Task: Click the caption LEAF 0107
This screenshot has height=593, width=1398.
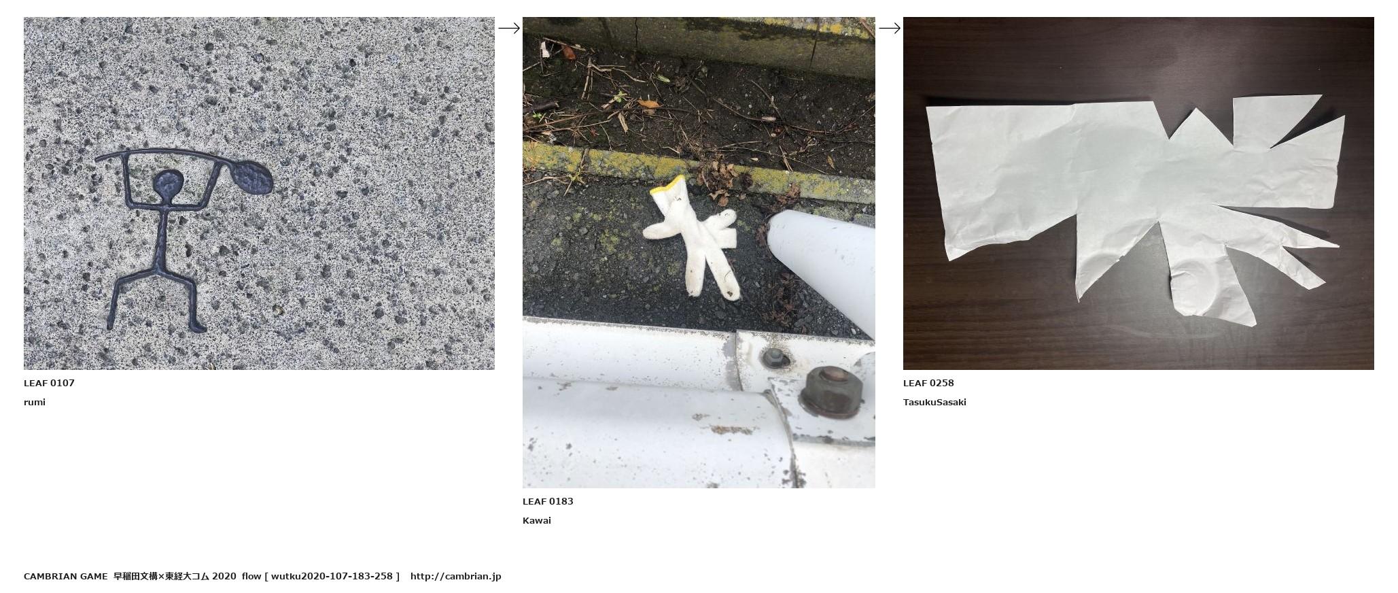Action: tap(49, 383)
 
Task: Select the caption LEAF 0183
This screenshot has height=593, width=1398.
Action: tap(548, 501)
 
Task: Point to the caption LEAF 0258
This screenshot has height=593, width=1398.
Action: tap(928, 383)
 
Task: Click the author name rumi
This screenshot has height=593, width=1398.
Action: tap(35, 402)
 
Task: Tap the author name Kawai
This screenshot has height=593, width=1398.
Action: tap(537, 520)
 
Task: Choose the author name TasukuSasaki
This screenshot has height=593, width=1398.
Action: tap(934, 402)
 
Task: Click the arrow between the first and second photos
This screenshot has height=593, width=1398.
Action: tap(509, 28)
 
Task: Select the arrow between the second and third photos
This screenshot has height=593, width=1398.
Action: tap(890, 28)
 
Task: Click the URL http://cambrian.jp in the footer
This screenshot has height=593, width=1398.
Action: tap(455, 576)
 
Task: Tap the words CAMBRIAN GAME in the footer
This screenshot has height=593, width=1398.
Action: tap(65, 576)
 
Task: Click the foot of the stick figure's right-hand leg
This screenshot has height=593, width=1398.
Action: tap(198, 328)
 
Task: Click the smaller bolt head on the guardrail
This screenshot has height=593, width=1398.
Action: tap(773, 358)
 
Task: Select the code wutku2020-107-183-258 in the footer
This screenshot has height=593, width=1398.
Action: tap(332, 576)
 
